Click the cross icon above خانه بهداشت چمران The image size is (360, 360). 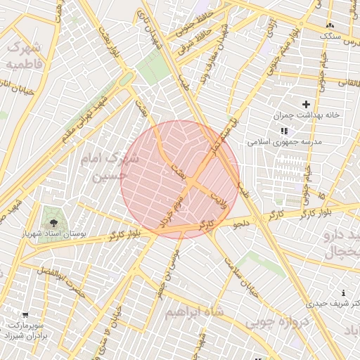click(x=306, y=104)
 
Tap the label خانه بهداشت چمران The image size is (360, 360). click(x=307, y=115)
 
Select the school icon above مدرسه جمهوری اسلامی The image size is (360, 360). click(x=284, y=131)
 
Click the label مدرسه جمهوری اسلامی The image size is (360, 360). click(x=284, y=141)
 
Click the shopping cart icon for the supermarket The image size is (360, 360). click(x=25, y=316)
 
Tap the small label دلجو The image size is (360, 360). click(x=241, y=224)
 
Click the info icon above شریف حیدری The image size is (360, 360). click(x=343, y=293)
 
